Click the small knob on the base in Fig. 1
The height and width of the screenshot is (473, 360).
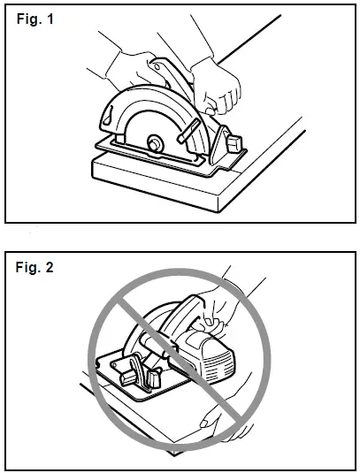point(234,142)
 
